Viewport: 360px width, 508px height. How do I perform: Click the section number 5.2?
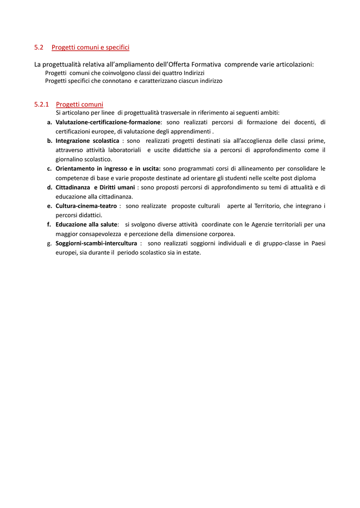pos(39,48)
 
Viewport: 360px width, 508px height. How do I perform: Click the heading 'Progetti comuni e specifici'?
pos(90,48)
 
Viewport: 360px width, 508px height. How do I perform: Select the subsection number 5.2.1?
pos(42,105)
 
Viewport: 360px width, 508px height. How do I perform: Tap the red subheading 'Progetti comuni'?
pos(79,105)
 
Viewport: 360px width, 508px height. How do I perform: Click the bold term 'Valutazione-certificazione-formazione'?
pos(108,122)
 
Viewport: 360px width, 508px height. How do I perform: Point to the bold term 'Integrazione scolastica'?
pos(87,141)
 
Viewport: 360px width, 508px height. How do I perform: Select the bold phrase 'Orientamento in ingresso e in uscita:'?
pos(108,169)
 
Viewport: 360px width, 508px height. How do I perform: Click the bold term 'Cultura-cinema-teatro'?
pos(86,206)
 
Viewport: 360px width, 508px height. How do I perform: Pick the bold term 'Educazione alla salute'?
pos(87,225)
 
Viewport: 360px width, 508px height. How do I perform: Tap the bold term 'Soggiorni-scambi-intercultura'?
pos(96,243)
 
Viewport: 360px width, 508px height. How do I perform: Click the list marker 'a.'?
pos(50,122)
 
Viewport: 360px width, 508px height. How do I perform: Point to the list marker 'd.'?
pos(50,188)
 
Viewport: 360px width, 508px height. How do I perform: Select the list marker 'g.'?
pos(50,243)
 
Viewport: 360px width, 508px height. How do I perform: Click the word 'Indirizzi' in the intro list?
pos(194,73)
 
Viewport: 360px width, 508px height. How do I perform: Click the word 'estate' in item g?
pos(191,253)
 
